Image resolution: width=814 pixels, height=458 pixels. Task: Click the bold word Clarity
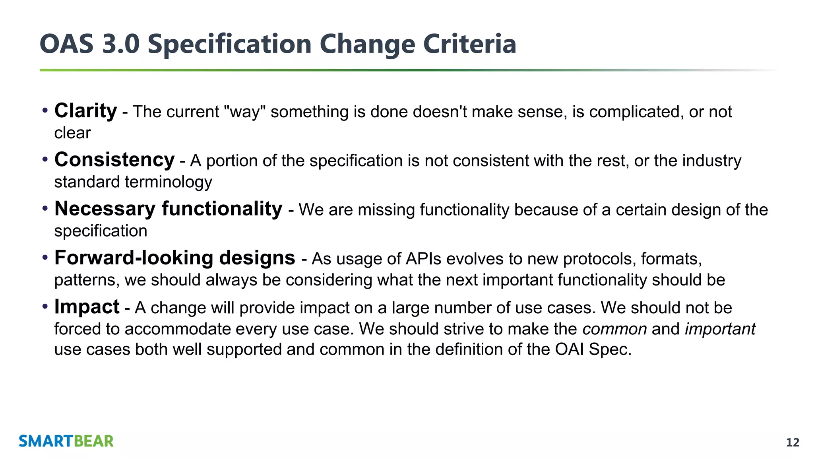point(85,111)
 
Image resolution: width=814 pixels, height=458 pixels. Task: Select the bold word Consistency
point(114,160)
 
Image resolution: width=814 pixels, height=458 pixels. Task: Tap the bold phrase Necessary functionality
point(168,209)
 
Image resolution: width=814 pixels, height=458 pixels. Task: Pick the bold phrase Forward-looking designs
point(174,258)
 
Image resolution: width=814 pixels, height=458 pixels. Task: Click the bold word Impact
point(87,307)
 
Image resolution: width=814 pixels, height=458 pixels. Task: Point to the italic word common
point(614,329)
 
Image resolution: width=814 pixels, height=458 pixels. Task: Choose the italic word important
point(720,329)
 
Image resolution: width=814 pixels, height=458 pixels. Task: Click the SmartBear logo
point(66,441)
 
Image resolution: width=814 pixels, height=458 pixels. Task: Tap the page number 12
point(793,442)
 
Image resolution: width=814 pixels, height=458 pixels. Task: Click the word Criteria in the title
point(469,44)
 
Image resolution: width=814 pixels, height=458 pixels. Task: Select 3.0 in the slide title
point(121,44)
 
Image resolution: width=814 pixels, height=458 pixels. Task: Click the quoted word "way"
point(245,112)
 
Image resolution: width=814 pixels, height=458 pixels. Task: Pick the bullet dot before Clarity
point(45,110)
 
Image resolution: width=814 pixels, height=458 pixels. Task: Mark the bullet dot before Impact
point(45,306)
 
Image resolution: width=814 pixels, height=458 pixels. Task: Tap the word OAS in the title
point(66,44)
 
